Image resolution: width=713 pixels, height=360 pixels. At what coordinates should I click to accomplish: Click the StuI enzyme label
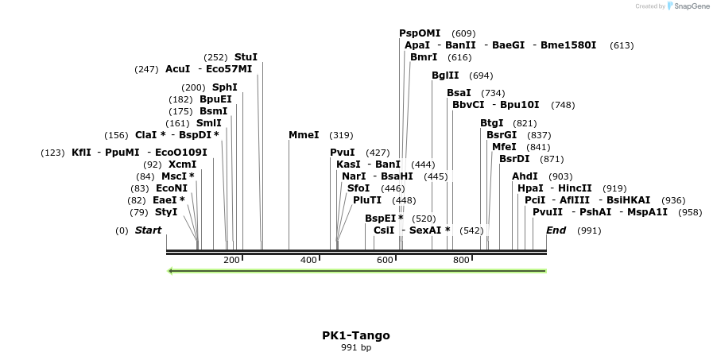point(246,57)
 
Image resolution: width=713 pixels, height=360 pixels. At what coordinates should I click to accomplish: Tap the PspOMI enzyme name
point(420,33)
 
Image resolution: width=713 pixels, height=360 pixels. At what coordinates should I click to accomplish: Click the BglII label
point(445,75)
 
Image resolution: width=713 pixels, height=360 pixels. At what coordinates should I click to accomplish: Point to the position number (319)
point(341,135)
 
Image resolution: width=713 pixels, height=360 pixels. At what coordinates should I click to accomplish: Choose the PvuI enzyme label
point(343,152)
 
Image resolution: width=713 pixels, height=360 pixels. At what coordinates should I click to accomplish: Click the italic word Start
point(148,230)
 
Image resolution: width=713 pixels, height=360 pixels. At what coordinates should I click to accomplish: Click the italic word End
point(556,230)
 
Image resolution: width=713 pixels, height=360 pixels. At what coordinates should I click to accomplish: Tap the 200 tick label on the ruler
point(231,261)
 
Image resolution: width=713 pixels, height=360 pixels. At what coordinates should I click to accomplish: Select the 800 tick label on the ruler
point(461,261)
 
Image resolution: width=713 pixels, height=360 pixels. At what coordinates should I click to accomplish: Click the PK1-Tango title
point(355,335)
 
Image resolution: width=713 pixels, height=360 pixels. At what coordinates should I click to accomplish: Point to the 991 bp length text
point(355,347)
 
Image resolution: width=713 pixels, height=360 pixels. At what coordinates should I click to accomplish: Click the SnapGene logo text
point(688,6)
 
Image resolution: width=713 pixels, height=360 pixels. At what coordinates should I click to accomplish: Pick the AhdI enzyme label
point(525,176)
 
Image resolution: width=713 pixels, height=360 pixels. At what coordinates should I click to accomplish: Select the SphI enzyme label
point(224,87)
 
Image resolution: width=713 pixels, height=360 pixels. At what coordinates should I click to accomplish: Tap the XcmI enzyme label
point(182,165)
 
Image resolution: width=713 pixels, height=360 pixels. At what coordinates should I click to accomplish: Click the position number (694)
point(481,76)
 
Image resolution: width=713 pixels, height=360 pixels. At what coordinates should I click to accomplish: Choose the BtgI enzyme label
point(492,122)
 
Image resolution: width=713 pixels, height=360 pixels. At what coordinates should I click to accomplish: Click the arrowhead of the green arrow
point(171,271)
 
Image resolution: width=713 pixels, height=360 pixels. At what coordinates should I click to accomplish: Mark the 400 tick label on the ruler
point(308,261)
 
